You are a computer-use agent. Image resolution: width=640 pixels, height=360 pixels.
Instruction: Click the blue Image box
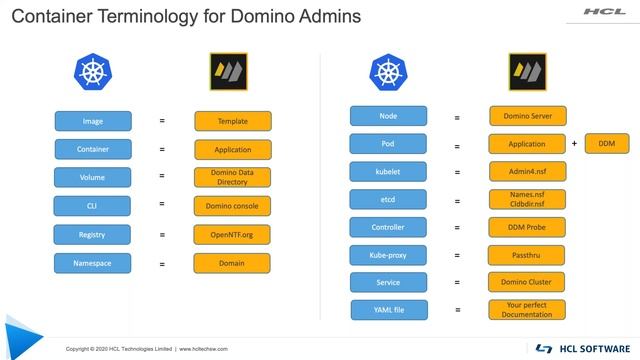point(92,121)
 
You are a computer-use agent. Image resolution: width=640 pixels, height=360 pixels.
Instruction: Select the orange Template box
point(232,121)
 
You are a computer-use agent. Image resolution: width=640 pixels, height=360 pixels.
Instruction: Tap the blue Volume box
point(92,177)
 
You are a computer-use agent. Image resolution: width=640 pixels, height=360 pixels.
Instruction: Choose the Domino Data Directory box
point(232,177)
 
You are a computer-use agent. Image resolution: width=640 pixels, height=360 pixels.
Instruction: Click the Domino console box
point(232,206)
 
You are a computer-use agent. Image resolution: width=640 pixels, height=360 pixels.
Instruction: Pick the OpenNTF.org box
point(232,234)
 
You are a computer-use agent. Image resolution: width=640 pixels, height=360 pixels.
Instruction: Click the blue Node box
point(388,115)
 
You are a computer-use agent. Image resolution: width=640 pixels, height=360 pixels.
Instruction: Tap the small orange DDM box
point(607,143)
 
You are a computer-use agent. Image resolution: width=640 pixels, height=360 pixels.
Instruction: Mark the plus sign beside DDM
point(574,144)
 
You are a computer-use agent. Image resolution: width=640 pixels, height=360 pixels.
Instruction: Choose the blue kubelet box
point(388,171)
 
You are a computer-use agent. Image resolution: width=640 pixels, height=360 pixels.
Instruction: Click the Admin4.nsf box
point(527,171)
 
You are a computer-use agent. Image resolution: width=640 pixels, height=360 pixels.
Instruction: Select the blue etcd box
point(388,199)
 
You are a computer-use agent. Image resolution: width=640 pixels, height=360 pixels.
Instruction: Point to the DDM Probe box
point(527,227)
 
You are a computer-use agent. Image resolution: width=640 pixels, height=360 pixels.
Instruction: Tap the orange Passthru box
point(527,255)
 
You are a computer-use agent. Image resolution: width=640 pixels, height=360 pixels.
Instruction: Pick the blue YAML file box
point(388,310)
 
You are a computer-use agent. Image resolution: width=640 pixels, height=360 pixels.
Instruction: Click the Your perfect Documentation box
point(527,310)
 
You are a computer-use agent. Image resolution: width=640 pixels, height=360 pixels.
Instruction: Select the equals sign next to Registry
point(162,235)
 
